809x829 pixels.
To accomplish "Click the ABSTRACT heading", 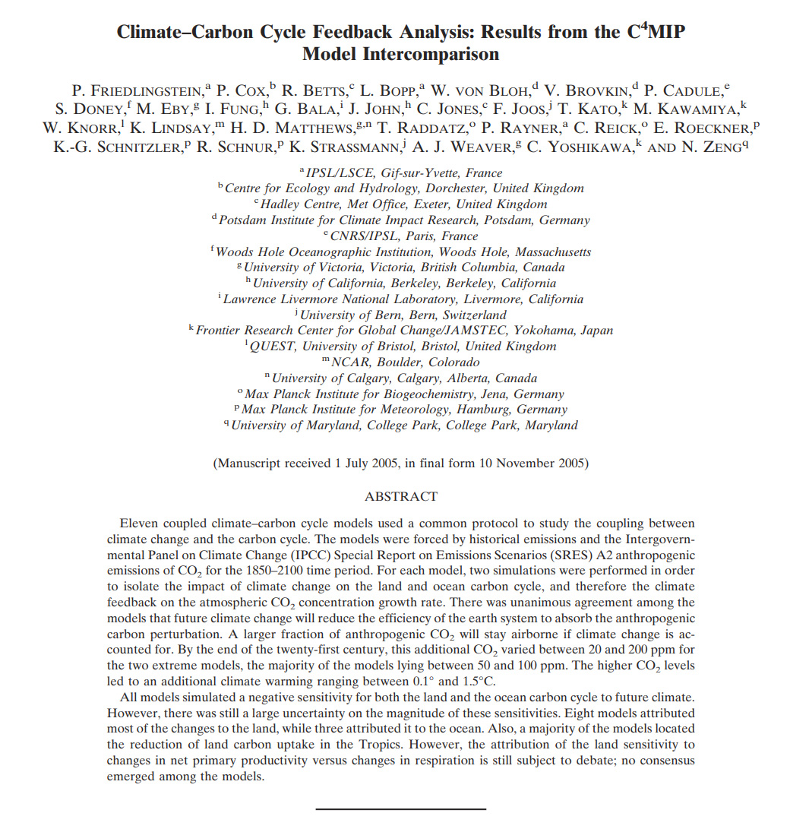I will [401, 496].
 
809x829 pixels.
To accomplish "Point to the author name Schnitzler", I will [118, 147].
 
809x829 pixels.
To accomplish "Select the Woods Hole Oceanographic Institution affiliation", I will [403, 252].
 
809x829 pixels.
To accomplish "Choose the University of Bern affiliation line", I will [403, 315].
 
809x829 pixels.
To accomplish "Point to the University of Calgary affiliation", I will [403, 378].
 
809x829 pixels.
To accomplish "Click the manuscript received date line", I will [401, 462].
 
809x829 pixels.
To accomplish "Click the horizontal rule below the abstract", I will [400, 808].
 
